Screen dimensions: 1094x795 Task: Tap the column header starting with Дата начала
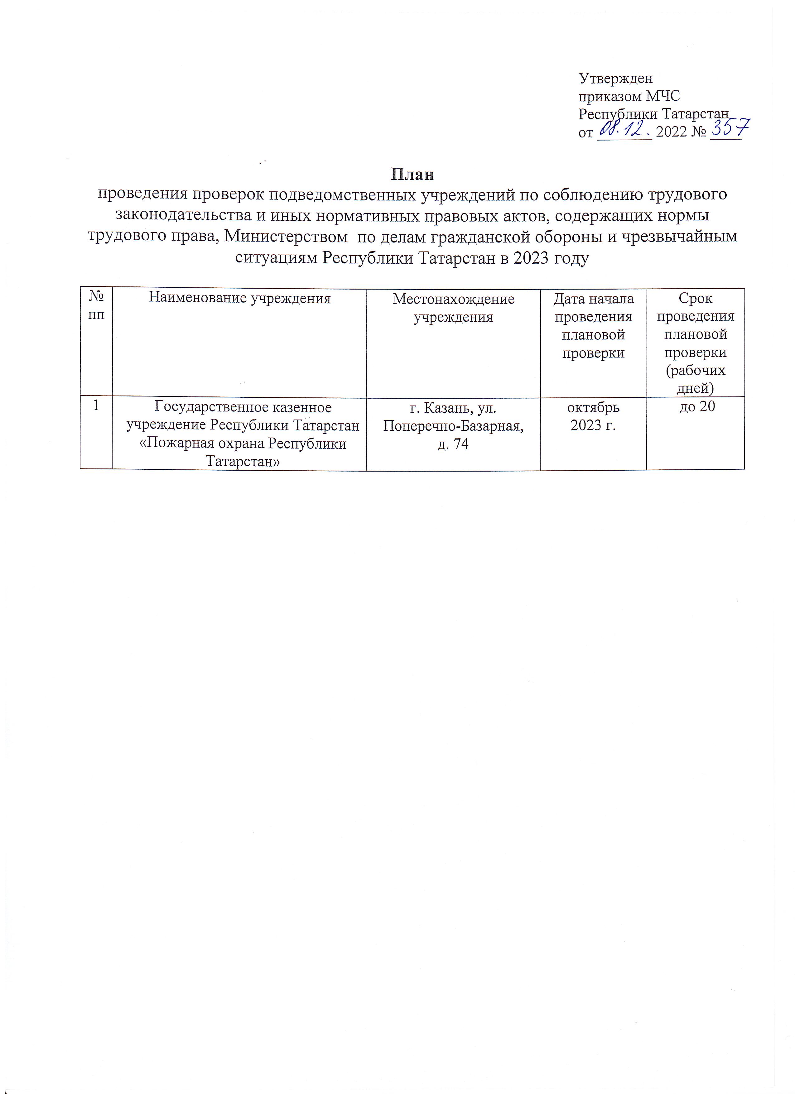tap(593, 326)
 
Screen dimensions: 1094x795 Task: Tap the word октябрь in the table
tap(593, 408)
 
